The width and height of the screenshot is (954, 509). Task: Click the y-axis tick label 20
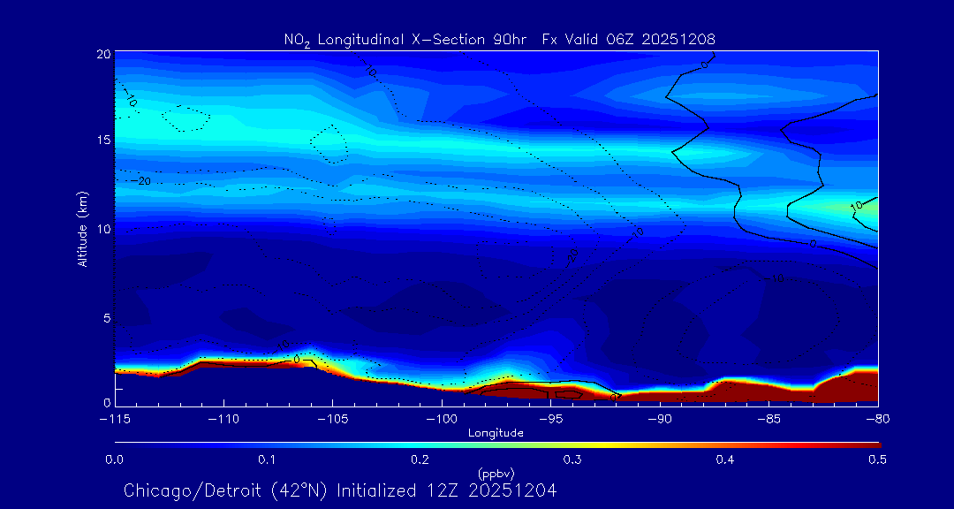tap(102, 54)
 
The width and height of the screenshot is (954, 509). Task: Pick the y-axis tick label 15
tap(102, 141)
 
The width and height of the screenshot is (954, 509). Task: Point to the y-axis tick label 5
tap(106, 316)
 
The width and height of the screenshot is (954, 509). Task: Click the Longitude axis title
tap(496, 433)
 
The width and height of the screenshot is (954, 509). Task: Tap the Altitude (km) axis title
tap(83, 228)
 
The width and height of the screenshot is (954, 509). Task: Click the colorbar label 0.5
tap(878, 460)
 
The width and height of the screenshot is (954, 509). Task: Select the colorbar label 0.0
tap(114, 460)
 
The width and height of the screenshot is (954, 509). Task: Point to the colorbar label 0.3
tap(572, 460)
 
